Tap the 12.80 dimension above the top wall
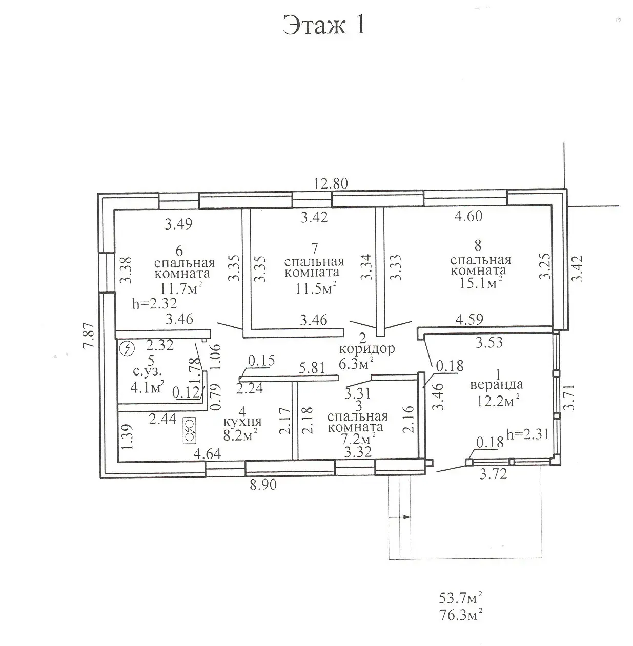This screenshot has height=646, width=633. (331, 183)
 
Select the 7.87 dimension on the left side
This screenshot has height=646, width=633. (89, 336)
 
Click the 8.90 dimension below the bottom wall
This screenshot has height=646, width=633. (263, 484)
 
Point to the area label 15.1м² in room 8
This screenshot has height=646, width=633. (480, 283)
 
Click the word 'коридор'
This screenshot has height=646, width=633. (367, 349)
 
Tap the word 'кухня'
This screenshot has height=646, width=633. (243, 422)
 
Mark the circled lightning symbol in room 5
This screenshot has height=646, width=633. (126, 349)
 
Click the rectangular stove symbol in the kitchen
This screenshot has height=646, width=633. (189, 431)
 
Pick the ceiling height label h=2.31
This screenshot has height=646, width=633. (527, 434)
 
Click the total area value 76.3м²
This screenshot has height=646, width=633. (461, 614)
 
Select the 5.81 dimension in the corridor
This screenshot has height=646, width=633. (312, 368)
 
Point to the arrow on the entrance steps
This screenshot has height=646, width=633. (405, 517)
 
